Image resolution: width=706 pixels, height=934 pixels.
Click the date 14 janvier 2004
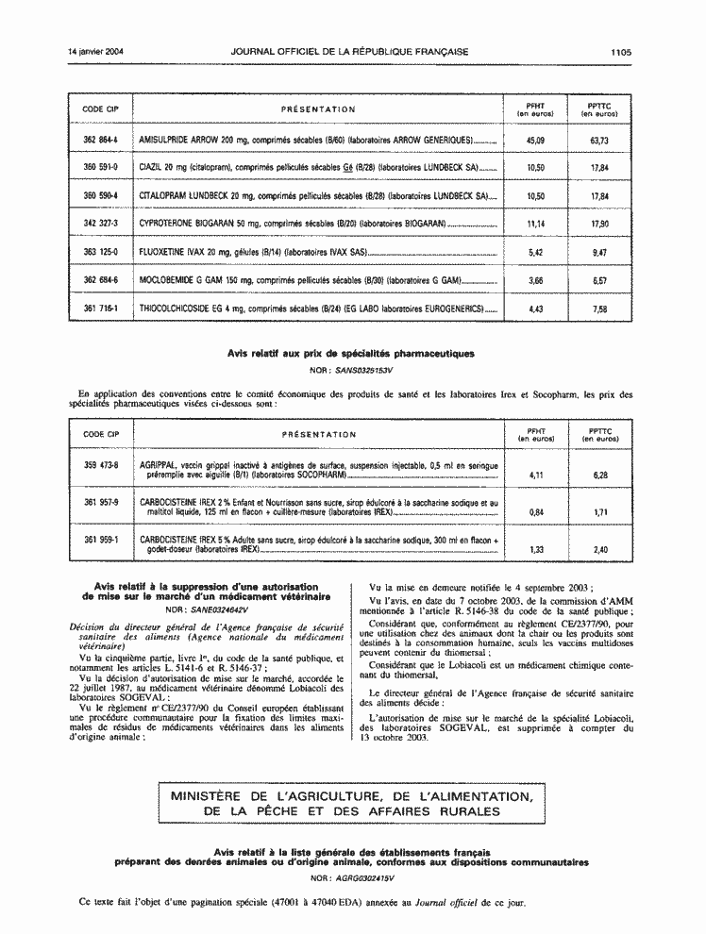pos(96,53)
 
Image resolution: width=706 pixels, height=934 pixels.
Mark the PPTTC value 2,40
pos(599,549)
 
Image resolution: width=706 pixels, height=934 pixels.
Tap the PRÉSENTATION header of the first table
pos(318,109)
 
